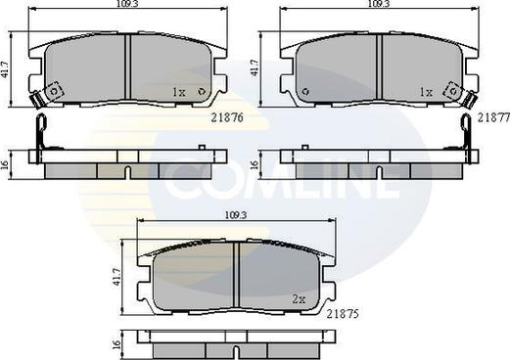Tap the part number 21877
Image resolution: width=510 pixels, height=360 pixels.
coord(492,116)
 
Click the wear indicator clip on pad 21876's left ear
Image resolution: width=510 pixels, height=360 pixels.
coord(40,98)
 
